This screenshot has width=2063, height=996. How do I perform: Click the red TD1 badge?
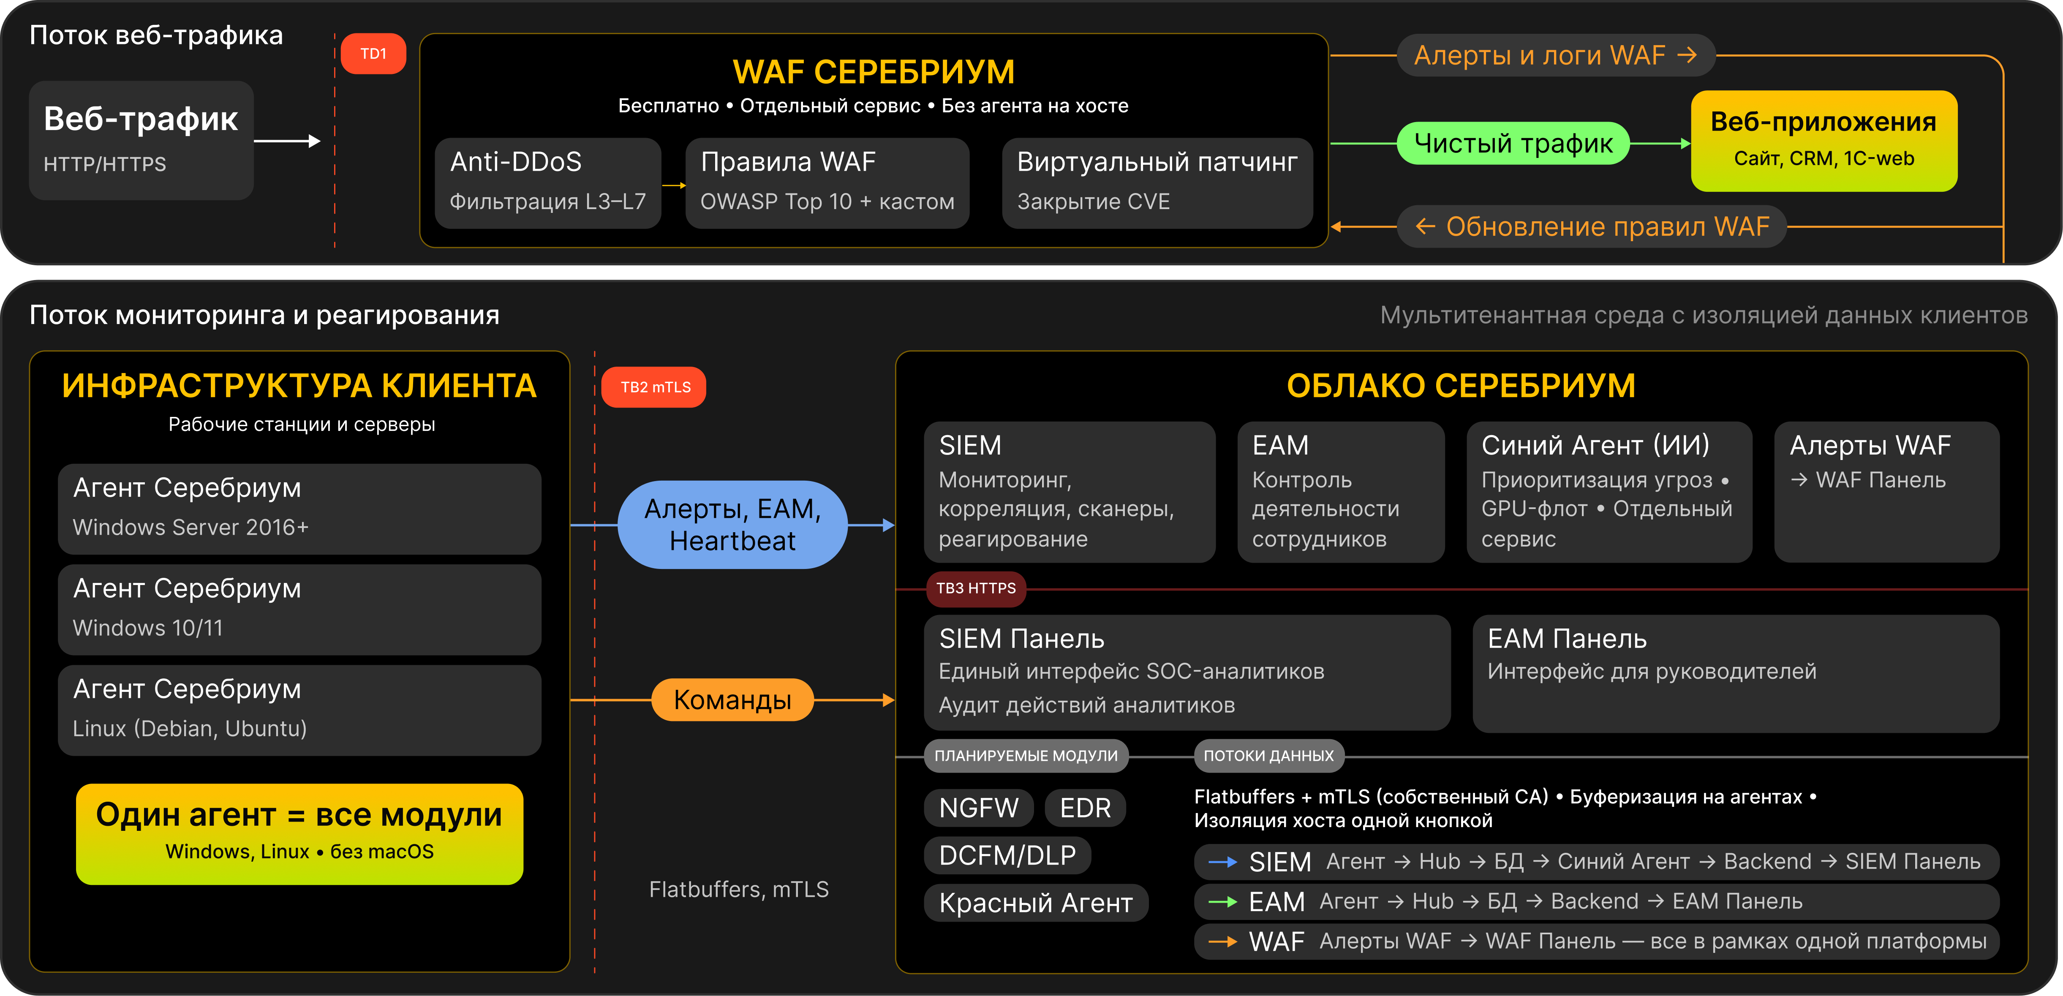coord(373,54)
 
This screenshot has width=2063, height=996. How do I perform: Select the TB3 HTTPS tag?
coord(975,588)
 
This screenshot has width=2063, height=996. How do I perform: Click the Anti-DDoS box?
coord(548,182)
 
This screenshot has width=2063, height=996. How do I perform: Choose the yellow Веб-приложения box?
coord(1823,141)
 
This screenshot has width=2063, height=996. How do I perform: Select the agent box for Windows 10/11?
coord(299,609)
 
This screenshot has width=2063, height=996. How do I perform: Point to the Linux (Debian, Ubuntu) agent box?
coord(299,709)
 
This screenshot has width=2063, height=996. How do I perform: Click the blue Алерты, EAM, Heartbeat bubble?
coord(732,525)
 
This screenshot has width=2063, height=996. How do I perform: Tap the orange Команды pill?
coord(732,700)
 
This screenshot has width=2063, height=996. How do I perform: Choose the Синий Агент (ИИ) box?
coord(1608,492)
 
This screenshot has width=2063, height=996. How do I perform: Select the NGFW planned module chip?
coord(978,808)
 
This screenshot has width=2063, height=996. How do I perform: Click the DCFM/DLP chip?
coord(1007,855)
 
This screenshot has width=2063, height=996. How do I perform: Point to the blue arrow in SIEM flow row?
coord(1223,862)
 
